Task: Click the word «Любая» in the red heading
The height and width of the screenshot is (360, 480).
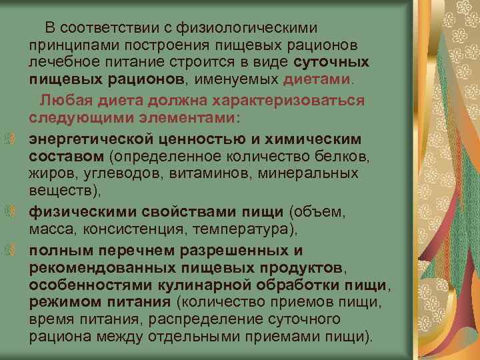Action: [65, 101]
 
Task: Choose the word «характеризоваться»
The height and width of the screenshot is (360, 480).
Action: [296, 101]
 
